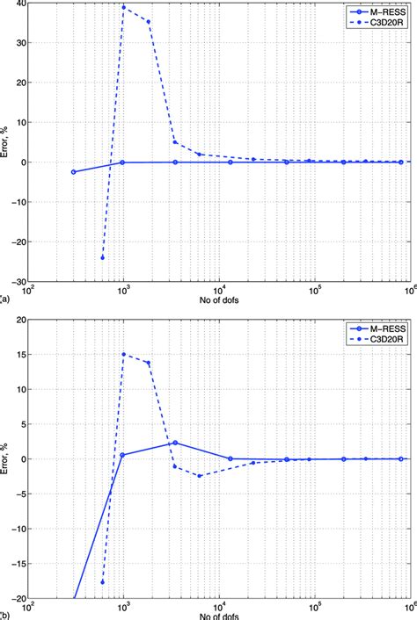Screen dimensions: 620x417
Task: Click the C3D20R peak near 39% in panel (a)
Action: click(x=123, y=7)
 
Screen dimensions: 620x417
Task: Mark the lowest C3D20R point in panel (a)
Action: click(x=103, y=257)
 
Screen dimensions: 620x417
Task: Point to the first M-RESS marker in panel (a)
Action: click(x=73, y=172)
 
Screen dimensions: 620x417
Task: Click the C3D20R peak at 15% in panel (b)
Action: click(x=123, y=355)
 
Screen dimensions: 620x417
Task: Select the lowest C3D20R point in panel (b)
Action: click(x=103, y=582)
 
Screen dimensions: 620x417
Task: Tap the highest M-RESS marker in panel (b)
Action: click(x=175, y=443)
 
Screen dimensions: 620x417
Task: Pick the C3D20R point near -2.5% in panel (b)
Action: click(x=200, y=476)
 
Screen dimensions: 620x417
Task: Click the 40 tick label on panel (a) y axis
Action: click(x=18, y=4)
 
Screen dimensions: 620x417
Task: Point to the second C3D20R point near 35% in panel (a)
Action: click(x=148, y=22)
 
